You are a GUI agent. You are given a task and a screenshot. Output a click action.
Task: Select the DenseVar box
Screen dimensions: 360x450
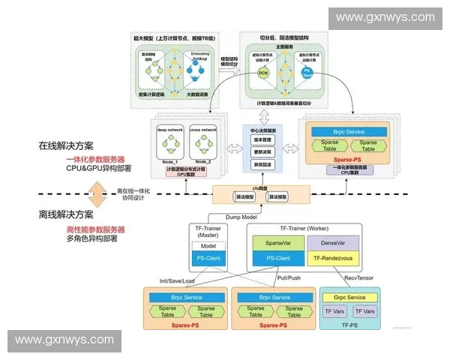pyautogui.click(x=333, y=244)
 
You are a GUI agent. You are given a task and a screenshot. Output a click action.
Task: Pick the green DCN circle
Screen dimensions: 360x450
pyautogui.click(x=263, y=73)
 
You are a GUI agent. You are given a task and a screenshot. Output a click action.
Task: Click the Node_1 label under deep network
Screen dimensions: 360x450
pyautogui.click(x=169, y=160)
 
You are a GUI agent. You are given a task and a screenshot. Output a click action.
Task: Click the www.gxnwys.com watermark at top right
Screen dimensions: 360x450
pyautogui.click(x=384, y=16)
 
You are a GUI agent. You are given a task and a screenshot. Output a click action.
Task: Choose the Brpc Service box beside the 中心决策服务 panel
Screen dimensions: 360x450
pyautogui.click(x=348, y=131)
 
